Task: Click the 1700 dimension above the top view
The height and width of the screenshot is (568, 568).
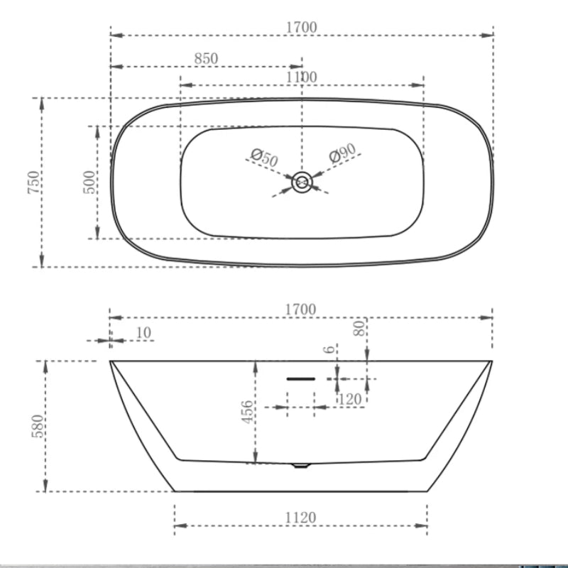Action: tap(302, 27)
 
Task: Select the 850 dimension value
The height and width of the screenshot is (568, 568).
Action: tap(206, 59)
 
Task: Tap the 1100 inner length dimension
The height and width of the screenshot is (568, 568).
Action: tap(302, 77)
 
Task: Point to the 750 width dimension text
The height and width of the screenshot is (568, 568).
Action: tap(33, 182)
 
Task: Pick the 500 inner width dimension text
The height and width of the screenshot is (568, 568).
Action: tap(89, 182)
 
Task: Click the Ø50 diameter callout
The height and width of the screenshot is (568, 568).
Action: tap(265, 158)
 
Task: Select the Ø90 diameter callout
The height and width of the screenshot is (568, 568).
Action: tap(342, 154)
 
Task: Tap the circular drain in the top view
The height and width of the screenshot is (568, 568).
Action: tap(302, 182)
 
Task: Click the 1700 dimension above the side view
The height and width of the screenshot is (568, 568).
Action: tap(302, 310)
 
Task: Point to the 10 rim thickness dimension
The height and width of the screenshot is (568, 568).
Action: tap(144, 332)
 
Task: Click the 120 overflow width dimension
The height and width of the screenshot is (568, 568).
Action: tap(350, 400)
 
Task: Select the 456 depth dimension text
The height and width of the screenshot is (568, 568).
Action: tap(246, 412)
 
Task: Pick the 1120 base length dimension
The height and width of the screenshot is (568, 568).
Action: tap(301, 518)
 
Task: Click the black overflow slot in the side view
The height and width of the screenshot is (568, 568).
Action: tap(300, 379)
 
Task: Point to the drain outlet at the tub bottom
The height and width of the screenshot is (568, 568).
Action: tap(301, 466)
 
